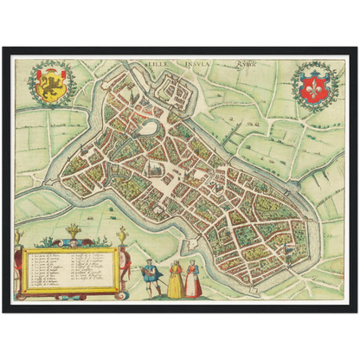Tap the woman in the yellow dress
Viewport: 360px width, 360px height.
pyautogui.click(x=175, y=280)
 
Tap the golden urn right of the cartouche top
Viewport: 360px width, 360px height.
pyautogui.click(x=122, y=235)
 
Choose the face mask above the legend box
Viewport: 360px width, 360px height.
pyautogui.click(x=74, y=243)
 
